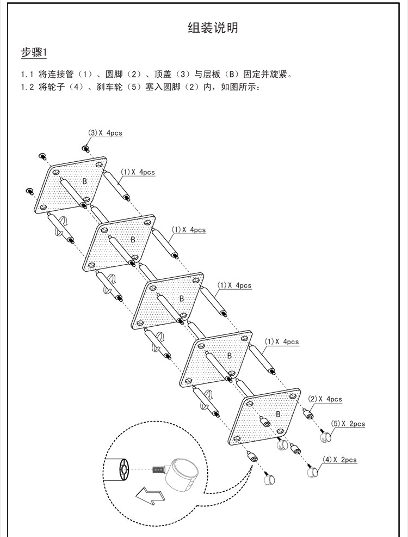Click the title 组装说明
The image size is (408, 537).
pos(213,28)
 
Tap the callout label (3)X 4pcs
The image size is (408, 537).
pos(105,133)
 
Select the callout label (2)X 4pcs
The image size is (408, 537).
pos(325,399)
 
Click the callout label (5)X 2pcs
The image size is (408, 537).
pos(348,424)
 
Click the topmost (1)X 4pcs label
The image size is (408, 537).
pos(138,172)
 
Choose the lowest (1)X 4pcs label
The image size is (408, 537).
pos(282,341)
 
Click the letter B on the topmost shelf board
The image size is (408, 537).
pos(84,181)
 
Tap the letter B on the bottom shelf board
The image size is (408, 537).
pos(278,414)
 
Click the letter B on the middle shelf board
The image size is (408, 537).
pos(182,298)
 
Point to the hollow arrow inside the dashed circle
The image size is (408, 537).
pos(150,495)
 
